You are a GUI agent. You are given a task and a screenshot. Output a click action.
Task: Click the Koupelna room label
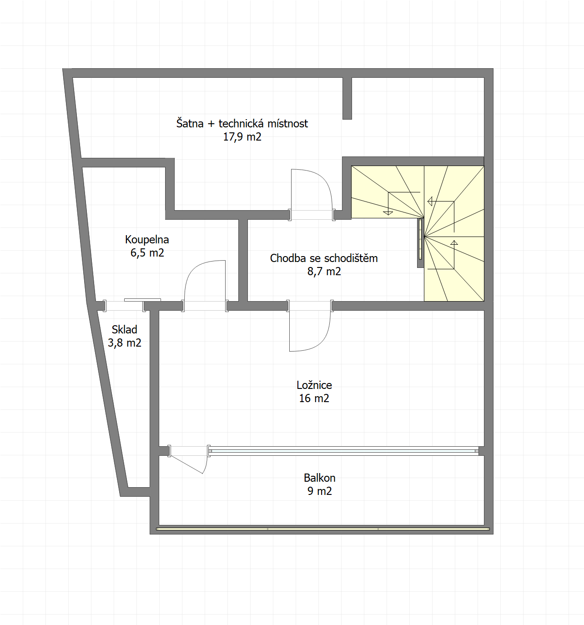pyautogui.click(x=147, y=239)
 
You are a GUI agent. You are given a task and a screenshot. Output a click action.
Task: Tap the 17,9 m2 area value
pyautogui.click(x=242, y=137)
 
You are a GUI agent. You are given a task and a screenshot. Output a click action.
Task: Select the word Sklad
pyautogui.click(x=124, y=329)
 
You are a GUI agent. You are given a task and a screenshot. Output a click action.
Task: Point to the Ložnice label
pyautogui.click(x=314, y=385)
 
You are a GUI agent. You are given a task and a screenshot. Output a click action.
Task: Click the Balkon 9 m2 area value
pyautogui.click(x=320, y=491)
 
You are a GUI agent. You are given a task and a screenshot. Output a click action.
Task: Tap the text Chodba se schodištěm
pyautogui.click(x=324, y=258)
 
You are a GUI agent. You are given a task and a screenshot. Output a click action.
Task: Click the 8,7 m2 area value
pyautogui.click(x=324, y=271)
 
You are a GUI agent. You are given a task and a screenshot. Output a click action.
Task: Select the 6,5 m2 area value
pyautogui.click(x=147, y=253)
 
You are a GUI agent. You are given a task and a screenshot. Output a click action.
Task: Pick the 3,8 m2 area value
pyautogui.click(x=124, y=343)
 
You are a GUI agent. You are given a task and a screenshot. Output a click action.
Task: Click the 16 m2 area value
pyautogui.click(x=314, y=398)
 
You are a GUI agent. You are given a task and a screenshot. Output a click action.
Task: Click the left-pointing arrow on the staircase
pyautogui.click(x=441, y=202)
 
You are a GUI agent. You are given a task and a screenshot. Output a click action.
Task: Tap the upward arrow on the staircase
pyautogui.click(x=454, y=254)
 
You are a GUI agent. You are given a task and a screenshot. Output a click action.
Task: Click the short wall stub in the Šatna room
pyautogui.click(x=347, y=98)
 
